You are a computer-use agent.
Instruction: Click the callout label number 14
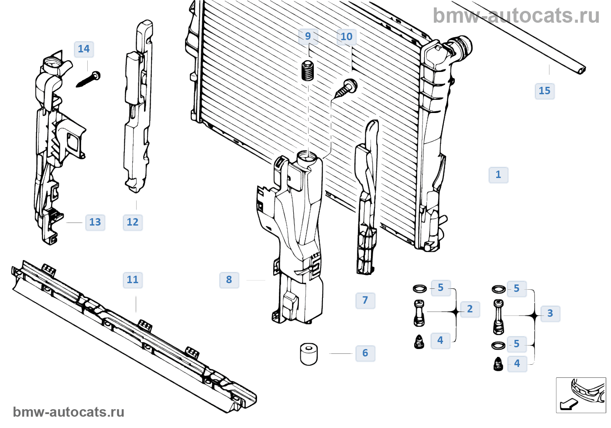click(x=84, y=49)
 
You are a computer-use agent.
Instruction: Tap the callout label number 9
click(x=308, y=36)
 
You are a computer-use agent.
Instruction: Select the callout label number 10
click(x=347, y=37)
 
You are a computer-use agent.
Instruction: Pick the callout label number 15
click(x=544, y=91)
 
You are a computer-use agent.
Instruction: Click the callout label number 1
click(x=498, y=175)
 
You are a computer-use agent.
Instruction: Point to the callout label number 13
click(x=95, y=222)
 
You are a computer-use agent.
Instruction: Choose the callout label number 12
click(x=133, y=222)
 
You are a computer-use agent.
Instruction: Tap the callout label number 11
click(x=133, y=280)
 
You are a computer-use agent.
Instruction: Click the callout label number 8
click(x=229, y=280)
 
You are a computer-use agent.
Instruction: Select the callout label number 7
click(x=365, y=300)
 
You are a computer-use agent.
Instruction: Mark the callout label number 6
click(x=365, y=353)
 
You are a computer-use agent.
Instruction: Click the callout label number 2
click(x=470, y=309)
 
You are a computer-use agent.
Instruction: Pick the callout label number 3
click(x=550, y=313)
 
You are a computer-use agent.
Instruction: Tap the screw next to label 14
click(x=89, y=79)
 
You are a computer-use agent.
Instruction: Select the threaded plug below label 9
click(x=308, y=71)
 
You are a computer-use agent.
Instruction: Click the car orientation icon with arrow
click(x=580, y=395)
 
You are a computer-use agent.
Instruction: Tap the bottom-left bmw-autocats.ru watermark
click(x=69, y=412)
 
